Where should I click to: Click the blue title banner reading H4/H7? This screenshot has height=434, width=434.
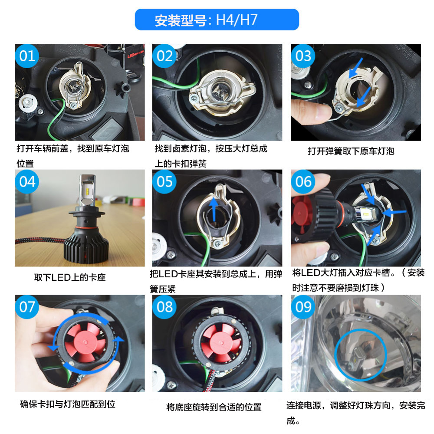click(217, 20)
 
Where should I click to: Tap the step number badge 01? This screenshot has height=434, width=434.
click(27, 56)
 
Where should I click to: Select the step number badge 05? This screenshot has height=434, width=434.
click(164, 181)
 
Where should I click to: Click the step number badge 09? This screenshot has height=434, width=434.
click(303, 307)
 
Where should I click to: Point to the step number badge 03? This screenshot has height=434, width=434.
click(303, 56)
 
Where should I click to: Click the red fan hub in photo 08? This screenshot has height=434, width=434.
click(221, 343)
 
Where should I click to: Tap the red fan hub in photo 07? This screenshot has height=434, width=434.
click(85, 342)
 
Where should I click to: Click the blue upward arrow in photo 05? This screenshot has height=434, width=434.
click(214, 209)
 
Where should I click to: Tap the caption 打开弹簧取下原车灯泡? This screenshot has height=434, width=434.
click(351, 151)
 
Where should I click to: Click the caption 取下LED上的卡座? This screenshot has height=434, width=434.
click(70, 277)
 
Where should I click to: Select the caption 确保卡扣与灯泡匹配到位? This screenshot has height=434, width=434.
click(68, 404)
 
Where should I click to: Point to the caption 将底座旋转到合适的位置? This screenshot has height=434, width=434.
click(214, 407)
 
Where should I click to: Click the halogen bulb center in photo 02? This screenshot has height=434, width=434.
click(219, 90)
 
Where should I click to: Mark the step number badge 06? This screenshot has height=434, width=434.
click(303, 181)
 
